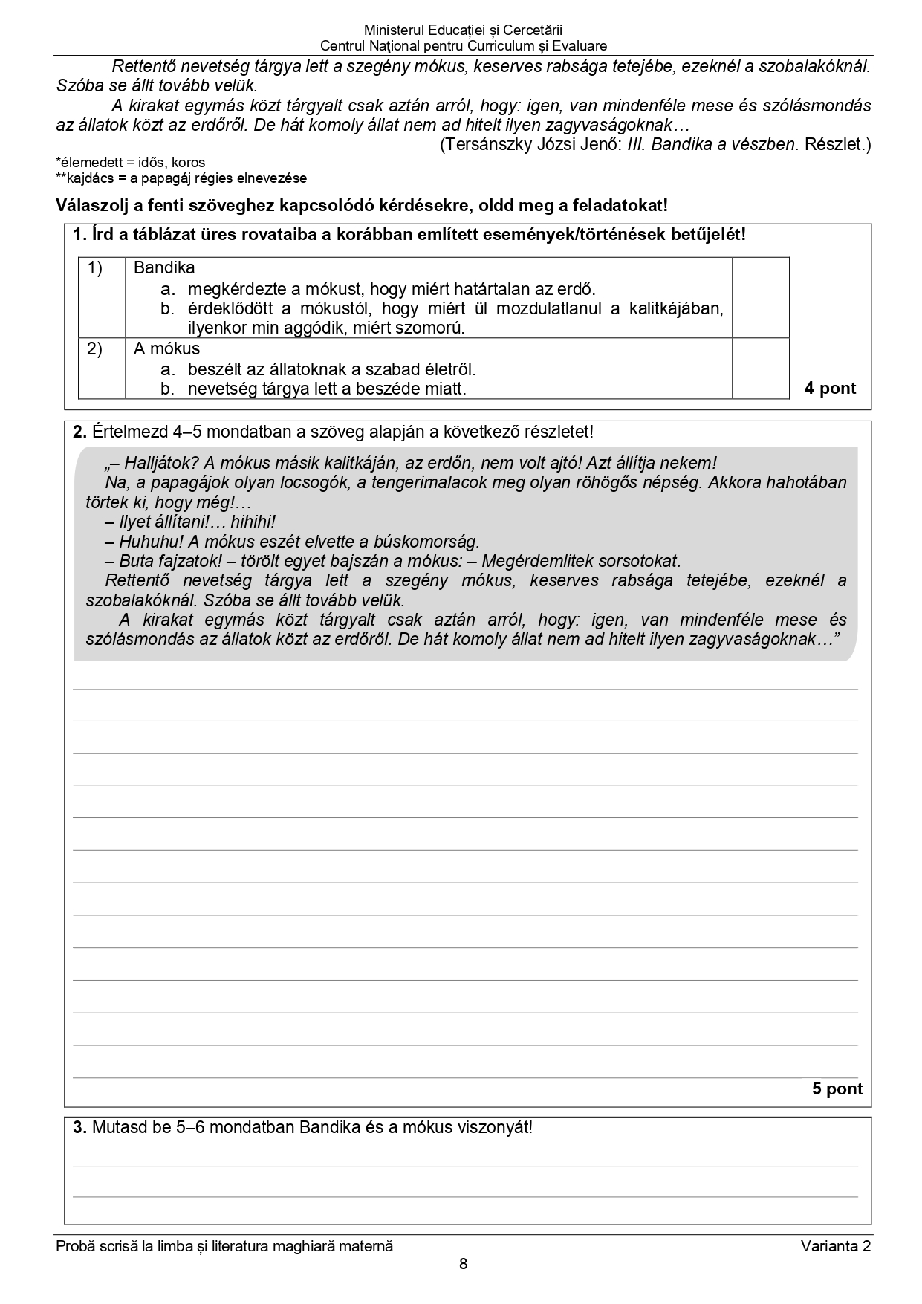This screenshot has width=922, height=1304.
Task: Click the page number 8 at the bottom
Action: (463, 1264)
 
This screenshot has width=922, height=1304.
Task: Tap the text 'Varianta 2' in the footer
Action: (835, 1246)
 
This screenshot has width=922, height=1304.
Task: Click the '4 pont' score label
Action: (830, 388)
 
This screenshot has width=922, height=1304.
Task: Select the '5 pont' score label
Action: (837, 1089)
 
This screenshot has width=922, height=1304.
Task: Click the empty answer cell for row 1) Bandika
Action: (760, 297)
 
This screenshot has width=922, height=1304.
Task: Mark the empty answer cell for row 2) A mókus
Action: (760, 369)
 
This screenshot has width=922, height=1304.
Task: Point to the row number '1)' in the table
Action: (95, 268)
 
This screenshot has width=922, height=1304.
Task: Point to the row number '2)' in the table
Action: (95, 348)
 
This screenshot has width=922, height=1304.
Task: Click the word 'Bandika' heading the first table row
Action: (164, 267)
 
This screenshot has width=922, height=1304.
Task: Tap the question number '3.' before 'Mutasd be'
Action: (80, 1127)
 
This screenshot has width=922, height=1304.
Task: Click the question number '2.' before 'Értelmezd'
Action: (80, 432)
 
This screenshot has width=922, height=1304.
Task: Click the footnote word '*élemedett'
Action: (88, 162)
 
